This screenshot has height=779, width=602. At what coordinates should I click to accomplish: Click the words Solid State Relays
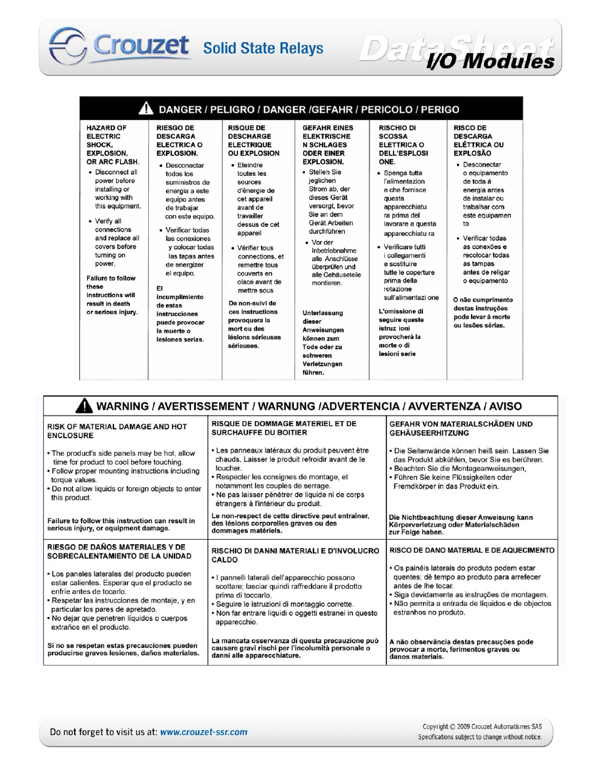[263, 49]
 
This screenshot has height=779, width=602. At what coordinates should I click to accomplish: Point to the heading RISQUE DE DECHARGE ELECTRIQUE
[253, 140]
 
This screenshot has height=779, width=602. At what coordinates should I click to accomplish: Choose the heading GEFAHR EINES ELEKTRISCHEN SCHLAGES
[328, 144]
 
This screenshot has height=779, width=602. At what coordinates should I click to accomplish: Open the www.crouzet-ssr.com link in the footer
[204, 732]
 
